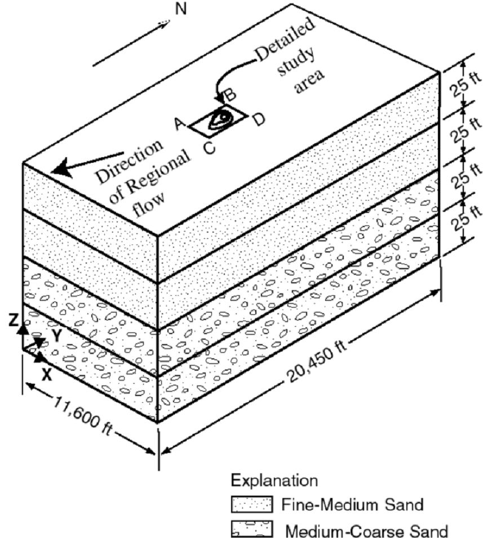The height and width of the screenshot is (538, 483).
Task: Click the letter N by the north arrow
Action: pyautogui.click(x=181, y=8)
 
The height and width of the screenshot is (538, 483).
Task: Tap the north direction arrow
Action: pyautogui.click(x=131, y=43)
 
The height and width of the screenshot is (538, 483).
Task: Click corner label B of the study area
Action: pyautogui.click(x=229, y=94)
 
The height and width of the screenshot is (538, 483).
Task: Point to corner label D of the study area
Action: pyautogui.click(x=259, y=119)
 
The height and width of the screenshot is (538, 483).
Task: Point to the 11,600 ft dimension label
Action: pyautogui.click(x=83, y=416)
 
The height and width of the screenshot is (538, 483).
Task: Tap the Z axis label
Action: pyautogui.click(x=14, y=320)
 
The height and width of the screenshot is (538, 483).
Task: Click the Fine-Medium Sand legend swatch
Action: pyautogui.click(x=252, y=504)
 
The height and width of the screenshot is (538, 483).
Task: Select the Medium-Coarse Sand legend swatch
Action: pyautogui.click(x=252, y=529)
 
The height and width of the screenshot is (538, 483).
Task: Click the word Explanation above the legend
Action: pyautogui.click(x=274, y=481)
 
